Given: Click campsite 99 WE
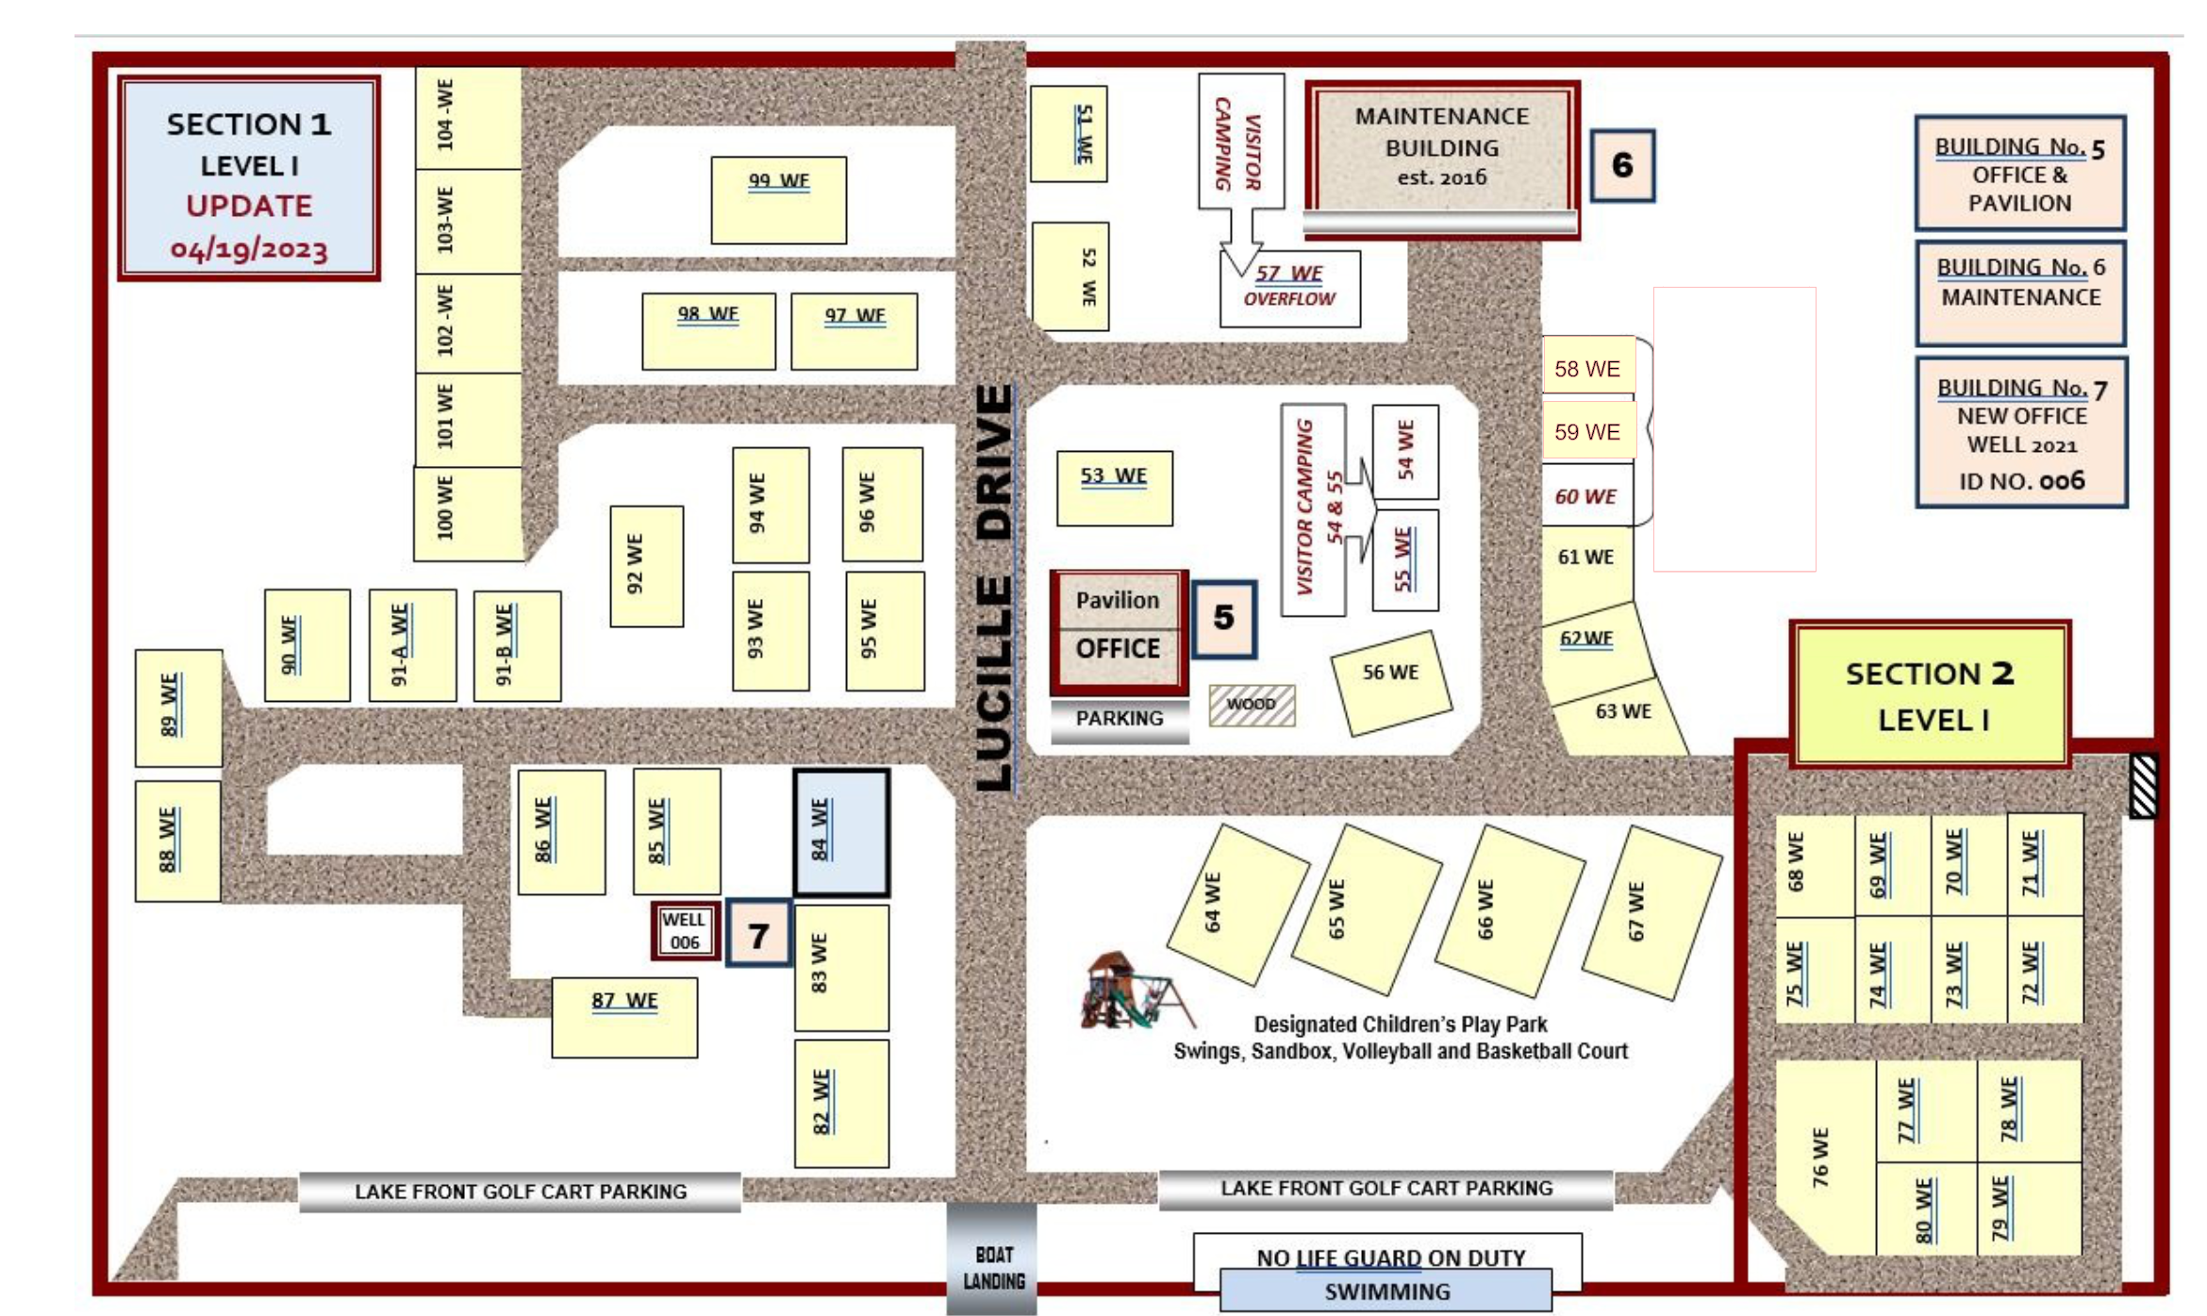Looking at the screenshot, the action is point(778,200).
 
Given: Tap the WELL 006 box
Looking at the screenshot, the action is point(685,931).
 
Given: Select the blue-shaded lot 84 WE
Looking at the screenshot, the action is point(841,832).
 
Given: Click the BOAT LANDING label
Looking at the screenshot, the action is point(993,1268).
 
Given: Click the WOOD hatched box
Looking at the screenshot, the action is point(1252,705).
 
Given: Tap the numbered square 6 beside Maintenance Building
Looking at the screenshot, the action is point(1622,165).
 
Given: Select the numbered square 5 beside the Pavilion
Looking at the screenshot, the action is point(1224,618).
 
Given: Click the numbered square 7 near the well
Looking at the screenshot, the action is point(758,935).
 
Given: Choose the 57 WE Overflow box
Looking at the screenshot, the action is point(1290,289).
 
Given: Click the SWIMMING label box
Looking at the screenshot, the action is point(1386,1291).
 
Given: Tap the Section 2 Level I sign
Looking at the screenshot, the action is point(1930,695).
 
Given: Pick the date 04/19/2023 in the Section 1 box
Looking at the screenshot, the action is point(249,249).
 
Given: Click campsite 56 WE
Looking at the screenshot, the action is point(1391,683).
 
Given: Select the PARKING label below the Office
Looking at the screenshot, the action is point(1120,719).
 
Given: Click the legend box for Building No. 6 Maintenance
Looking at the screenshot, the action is point(2020,292).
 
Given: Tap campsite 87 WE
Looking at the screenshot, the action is point(624,1017).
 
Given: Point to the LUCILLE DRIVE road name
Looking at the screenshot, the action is point(993,588).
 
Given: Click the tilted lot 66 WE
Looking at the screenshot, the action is point(1509,910).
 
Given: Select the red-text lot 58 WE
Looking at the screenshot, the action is point(1588,369).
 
